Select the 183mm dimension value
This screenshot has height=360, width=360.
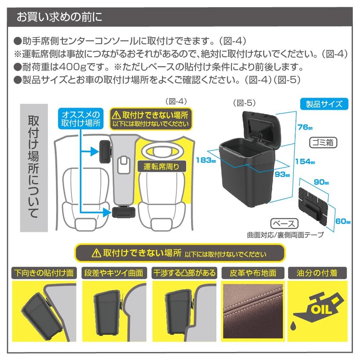click(205, 159)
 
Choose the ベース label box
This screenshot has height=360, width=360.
click(284, 224)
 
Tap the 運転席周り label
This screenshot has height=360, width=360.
click(161, 166)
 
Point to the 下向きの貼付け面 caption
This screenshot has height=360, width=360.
click(44, 273)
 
